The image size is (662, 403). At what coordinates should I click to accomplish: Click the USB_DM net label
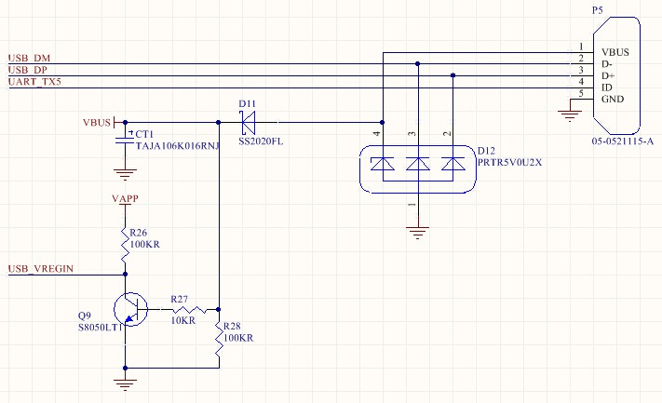click(x=29, y=58)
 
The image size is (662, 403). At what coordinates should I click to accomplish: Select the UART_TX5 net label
click(x=34, y=82)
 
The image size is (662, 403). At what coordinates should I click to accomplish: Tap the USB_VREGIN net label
click(x=41, y=268)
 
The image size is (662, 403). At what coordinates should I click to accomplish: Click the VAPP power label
click(x=125, y=198)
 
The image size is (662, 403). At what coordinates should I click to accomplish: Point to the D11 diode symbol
click(x=248, y=122)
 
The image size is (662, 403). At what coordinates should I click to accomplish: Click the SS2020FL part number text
click(x=261, y=141)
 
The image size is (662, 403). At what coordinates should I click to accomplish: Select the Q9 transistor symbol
click(x=130, y=309)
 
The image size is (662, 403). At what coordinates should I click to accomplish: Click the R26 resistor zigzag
click(x=125, y=245)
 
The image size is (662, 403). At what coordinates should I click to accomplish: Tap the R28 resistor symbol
click(x=219, y=339)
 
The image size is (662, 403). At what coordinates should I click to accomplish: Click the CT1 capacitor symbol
click(x=125, y=140)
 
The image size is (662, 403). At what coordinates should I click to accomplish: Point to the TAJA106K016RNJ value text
click(x=178, y=146)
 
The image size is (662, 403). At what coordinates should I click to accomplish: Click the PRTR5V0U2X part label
click(x=509, y=163)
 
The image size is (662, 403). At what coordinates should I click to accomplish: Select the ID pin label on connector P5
click(x=607, y=87)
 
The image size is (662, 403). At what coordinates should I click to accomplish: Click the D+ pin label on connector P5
click(x=608, y=76)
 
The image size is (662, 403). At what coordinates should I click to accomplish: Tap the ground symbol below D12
click(x=417, y=233)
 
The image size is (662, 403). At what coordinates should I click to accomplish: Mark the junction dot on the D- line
click(x=417, y=63)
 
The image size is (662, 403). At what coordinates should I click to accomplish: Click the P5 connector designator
click(x=598, y=10)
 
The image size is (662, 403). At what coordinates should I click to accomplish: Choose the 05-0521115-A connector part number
click(x=623, y=141)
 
